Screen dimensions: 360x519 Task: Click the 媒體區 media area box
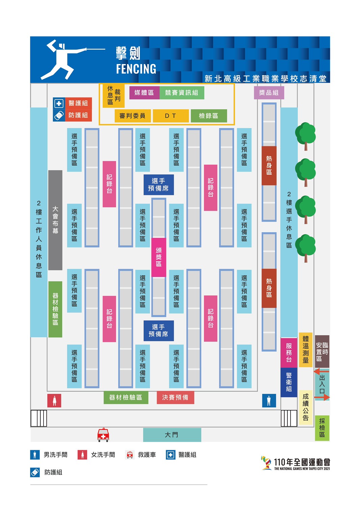144,93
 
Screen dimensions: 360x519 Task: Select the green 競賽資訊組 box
182,93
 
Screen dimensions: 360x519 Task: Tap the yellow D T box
171,116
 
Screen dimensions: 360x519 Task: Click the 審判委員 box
133,116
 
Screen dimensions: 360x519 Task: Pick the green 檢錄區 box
209,116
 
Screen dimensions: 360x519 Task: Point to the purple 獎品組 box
269,93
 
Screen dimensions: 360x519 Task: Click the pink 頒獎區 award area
159,257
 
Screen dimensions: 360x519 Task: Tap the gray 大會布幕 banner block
55,220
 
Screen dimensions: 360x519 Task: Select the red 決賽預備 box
175,398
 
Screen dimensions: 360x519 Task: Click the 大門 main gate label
172,435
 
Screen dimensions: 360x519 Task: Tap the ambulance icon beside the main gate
103,435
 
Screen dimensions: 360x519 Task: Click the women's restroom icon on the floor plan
54,401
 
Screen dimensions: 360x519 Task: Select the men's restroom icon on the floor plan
269,401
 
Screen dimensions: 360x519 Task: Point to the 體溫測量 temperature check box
306,350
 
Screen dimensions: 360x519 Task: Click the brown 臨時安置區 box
322,352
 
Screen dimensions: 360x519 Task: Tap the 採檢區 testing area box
322,428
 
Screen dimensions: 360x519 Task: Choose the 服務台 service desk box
289,353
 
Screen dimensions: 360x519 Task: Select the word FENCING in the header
136,69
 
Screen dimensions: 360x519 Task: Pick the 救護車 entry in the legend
140,455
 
